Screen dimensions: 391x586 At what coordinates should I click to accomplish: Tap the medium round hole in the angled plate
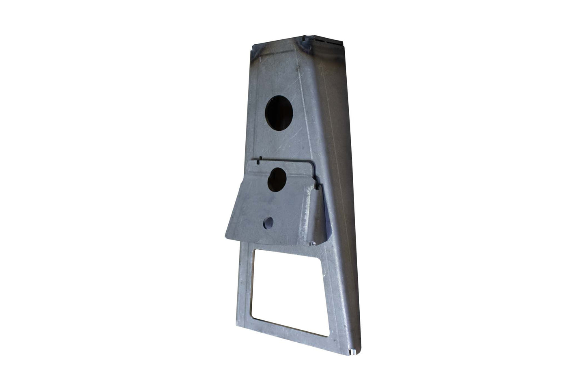coord(277,179)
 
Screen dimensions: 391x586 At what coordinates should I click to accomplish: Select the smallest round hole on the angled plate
coord(268,222)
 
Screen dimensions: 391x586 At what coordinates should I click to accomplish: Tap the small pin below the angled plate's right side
coord(313,244)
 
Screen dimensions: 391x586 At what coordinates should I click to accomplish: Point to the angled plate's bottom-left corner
coord(226,235)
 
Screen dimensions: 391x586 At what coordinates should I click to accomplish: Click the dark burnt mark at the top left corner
coord(255,50)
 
